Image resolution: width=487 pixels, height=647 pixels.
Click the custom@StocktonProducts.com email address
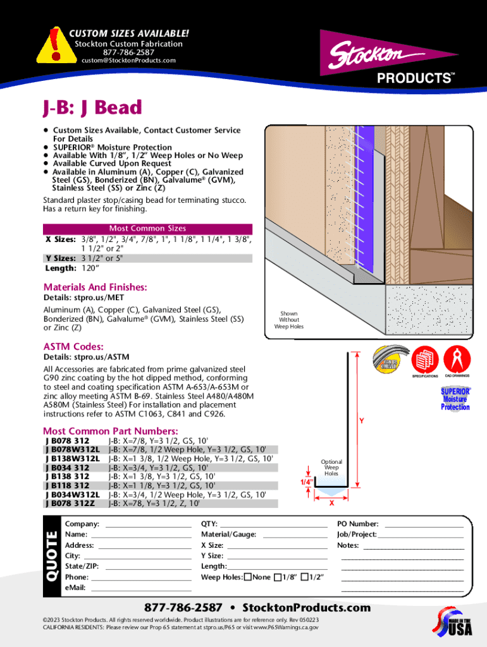128,61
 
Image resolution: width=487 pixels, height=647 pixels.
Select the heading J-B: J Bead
92,107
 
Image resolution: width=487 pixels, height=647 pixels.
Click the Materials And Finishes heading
95,287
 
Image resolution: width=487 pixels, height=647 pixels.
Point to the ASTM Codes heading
73,346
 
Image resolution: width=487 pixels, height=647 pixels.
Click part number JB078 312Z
70,504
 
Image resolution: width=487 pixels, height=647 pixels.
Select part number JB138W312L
73,458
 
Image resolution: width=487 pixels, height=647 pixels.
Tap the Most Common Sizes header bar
147,228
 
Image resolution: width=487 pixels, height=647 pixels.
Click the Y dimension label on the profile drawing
361,420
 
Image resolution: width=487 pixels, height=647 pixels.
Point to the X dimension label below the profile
332,503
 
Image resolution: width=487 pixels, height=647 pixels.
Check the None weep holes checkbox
248,577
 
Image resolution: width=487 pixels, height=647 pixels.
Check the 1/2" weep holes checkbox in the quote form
305,577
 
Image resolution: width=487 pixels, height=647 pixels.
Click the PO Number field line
424,524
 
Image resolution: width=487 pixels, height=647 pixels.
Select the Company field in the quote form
148,524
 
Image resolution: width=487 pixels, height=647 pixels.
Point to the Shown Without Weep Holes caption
289,320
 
